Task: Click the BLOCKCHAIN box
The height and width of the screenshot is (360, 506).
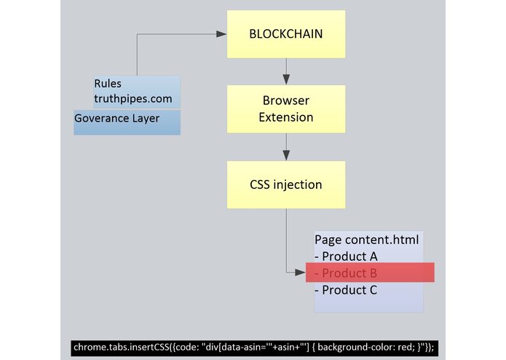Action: pyautogui.click(x=285, y=34)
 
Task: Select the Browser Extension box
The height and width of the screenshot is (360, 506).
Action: pyautogui.click(x=285, y=109)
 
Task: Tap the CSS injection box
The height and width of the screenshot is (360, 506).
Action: pyautogui.click(x=285, y=184)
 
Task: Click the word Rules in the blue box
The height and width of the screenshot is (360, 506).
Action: pyautogui.click(x=108, y=83)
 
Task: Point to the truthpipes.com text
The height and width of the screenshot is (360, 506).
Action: pyautogui.click(x=135, y=99)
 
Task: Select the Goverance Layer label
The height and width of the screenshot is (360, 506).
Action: pyautogui.click(x=116, y=118)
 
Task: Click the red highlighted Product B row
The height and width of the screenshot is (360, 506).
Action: pyautogui.click(x=369, y=273)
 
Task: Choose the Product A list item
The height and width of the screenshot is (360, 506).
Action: pyautogui.click(x=346, y=257)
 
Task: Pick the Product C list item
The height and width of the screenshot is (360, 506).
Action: pyautogui.click(x=346, y=290)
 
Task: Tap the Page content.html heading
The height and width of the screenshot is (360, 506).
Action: pyautogui.click(x=367, y=239)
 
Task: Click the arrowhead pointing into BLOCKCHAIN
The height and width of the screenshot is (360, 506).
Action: pyautogui.click(x=221, y=34)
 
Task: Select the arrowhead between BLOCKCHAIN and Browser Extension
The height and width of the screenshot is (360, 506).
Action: pyautogui.click(x=286, y=79)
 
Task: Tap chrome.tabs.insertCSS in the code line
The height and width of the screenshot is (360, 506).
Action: pyautogui.click(x=116, y=347)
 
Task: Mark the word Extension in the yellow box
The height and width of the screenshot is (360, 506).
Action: pyautogui.click(x=285, y=117)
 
